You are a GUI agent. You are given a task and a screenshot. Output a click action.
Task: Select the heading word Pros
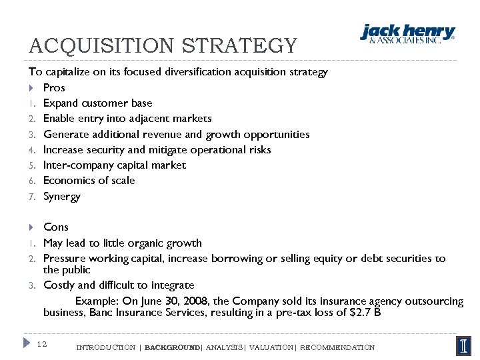(54, 87)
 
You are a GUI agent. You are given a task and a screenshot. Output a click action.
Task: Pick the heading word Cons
(56, 227)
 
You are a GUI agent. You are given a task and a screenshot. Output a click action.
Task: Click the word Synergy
(61, 197)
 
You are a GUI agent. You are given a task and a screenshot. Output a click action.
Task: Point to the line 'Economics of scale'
(89, 181)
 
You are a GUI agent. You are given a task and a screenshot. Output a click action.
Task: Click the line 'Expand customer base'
(97, 103)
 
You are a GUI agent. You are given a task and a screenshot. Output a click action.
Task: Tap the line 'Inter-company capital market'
(114, 165)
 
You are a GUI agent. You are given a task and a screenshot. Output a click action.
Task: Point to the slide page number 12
(41, 344)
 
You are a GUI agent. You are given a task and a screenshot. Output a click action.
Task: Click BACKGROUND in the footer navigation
(172, 347)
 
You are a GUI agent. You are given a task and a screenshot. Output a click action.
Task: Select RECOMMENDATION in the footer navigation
(337, 347)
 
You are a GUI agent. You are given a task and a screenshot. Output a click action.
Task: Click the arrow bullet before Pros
(31, 88)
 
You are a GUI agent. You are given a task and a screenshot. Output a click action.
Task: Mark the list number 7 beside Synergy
(31, 197)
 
